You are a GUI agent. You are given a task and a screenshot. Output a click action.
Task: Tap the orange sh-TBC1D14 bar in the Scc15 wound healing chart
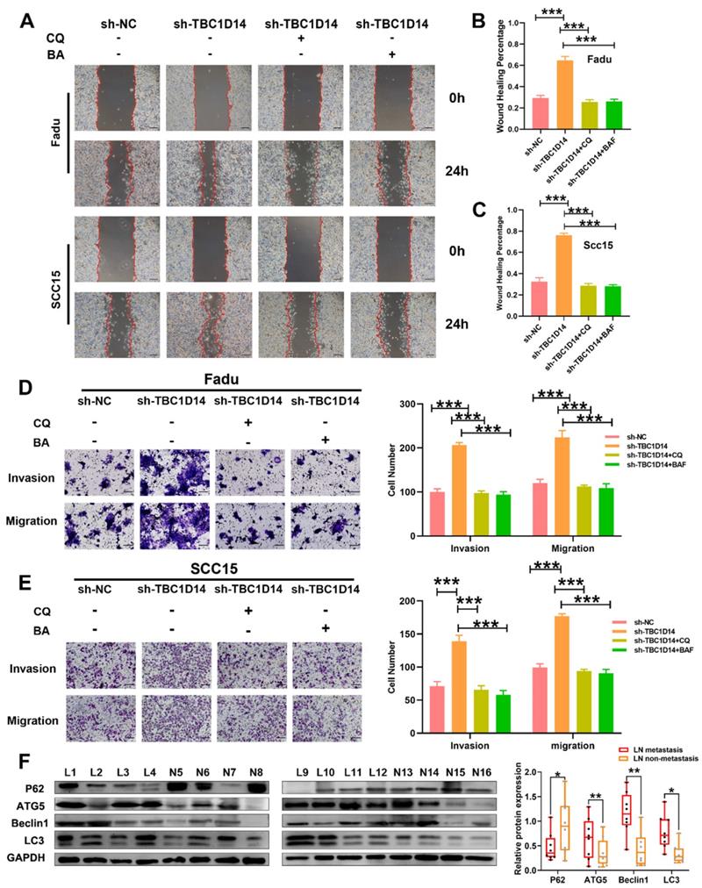point(564,263)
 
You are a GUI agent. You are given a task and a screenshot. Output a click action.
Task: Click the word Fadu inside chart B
point(600,60)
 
